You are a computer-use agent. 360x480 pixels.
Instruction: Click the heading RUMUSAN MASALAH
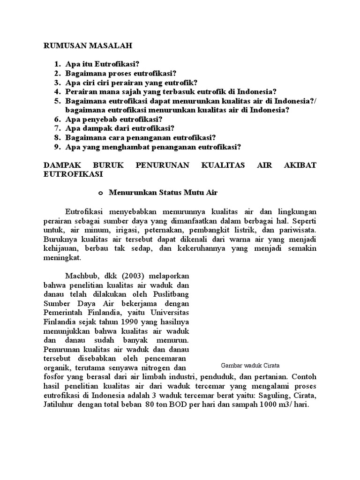(88, 46)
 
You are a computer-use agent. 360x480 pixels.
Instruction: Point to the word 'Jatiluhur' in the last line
(59, 405)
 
